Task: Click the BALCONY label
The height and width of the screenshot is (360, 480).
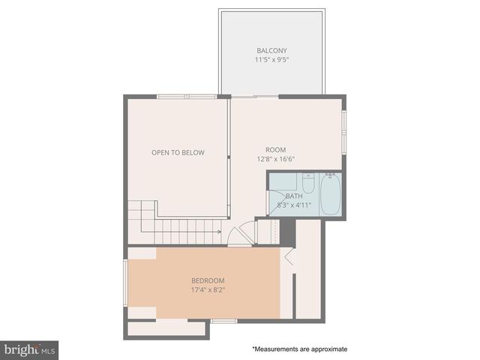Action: pyautogui.click(x=271, y=51)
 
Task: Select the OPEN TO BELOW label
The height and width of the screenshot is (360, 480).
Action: pyautogui.click(x=178, y=153)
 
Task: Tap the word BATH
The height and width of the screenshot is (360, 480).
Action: pyautogui.click(x=293, y=196)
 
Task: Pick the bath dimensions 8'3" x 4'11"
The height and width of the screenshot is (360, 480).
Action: pyautogui.click(x=293, y=205)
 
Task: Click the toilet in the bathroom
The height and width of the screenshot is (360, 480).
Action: pyautogui.click(x=307, y=184)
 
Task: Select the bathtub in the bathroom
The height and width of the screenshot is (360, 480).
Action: pyautogui.click(x=330, y=194)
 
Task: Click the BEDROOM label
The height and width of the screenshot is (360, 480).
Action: pyautogui.click(x=208, y=280)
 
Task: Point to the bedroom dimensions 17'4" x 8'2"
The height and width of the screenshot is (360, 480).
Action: pyautogui.click(x=208, y=290)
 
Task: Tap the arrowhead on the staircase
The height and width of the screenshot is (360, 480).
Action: pyautogui.click(x=219, y=232)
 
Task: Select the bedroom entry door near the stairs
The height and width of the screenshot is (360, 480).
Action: pyautogui.click(x=241, y=236)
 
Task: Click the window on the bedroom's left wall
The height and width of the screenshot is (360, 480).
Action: pyautogui.click(x=126, y=283)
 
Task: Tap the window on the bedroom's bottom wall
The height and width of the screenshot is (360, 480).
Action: pyautogui.click(x=223, y=321)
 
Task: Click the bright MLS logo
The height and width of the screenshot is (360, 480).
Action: pyautogui.click(x=29, y=349)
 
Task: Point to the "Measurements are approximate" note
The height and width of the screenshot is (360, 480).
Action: pyautogui.click(x=299, y=349)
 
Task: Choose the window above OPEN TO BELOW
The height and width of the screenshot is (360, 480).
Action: pyautogui.click(x=187, y=96)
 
